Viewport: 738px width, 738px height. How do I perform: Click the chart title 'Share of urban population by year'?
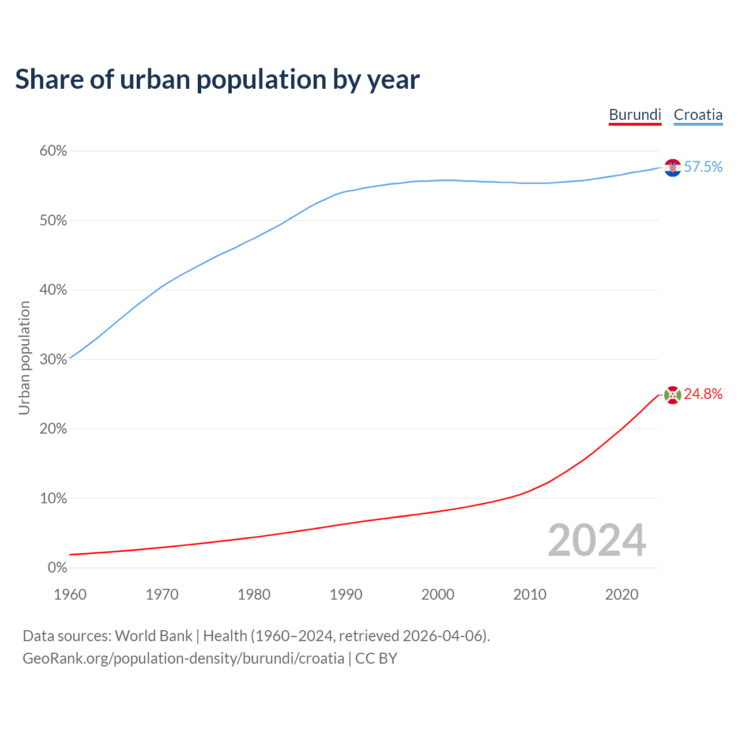click(217, 80)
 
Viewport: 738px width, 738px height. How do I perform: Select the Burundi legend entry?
click(635, 115)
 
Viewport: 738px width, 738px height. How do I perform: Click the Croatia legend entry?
click(698, 115)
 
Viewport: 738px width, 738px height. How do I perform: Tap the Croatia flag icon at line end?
click(672, 167)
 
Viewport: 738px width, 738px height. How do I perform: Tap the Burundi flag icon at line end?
click(672, 395)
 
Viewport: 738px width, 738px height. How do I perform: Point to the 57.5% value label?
click(703, 167)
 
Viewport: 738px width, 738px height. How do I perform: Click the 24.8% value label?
click(703, 394)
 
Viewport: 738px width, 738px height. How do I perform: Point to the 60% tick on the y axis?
click(53, 151)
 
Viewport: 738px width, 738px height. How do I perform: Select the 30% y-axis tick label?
click(53, 360)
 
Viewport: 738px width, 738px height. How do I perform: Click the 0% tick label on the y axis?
click(57, 568)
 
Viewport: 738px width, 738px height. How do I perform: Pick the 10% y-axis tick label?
click(53, 499)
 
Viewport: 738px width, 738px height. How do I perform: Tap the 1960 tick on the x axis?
click(70, 594)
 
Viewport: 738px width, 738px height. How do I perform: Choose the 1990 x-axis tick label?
click(346, 594)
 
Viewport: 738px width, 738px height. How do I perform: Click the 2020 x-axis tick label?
click(622, 594)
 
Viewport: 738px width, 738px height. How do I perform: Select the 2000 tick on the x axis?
click(438, 594)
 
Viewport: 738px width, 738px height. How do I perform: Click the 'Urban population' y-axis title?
click(24, 358)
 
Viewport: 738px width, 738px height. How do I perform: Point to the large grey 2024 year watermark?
click(597, 540)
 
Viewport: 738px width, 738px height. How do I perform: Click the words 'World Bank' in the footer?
click(153, 636)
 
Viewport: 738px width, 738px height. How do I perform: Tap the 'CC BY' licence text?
click(376, 658)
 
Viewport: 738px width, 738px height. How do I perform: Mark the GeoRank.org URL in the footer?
click(183, 658)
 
